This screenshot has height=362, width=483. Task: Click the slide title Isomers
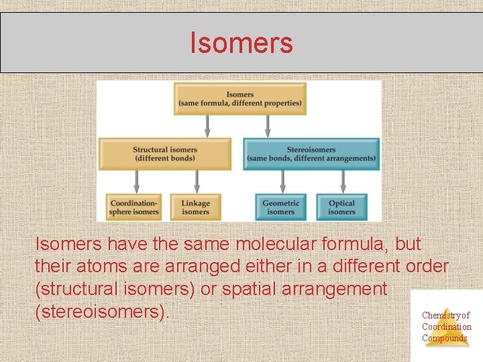point(241,43)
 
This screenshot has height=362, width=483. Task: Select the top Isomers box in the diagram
point(240,99)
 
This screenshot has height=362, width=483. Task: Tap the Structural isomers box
point(165,154)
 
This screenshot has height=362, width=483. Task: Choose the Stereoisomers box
point(311,154)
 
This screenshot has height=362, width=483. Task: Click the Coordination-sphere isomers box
point(134,207)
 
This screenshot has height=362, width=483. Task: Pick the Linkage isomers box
point(195,207)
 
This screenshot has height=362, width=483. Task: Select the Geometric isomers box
point(280,207)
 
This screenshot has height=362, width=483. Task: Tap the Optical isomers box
point(342,207)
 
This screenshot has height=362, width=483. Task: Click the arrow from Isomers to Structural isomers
point(207,125)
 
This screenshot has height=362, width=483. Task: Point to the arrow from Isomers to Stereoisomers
point(268,125)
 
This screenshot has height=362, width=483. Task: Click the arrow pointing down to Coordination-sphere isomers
point(137,180)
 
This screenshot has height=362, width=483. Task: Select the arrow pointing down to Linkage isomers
point(197,180)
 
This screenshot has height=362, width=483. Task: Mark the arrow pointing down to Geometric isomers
point(282,180)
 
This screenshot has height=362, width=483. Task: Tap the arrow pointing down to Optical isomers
point(343,180)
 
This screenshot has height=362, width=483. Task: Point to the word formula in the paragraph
point(355,243)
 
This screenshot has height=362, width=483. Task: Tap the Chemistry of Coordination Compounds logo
point(446,326)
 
